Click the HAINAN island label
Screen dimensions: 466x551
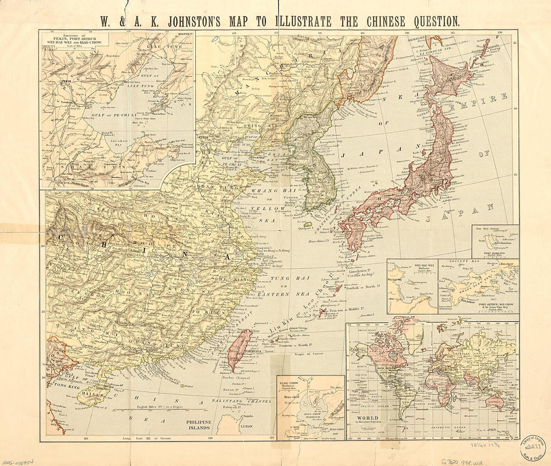click(x=91, y=395)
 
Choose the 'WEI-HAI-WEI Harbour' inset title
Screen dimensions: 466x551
click(x=412, y=266)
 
